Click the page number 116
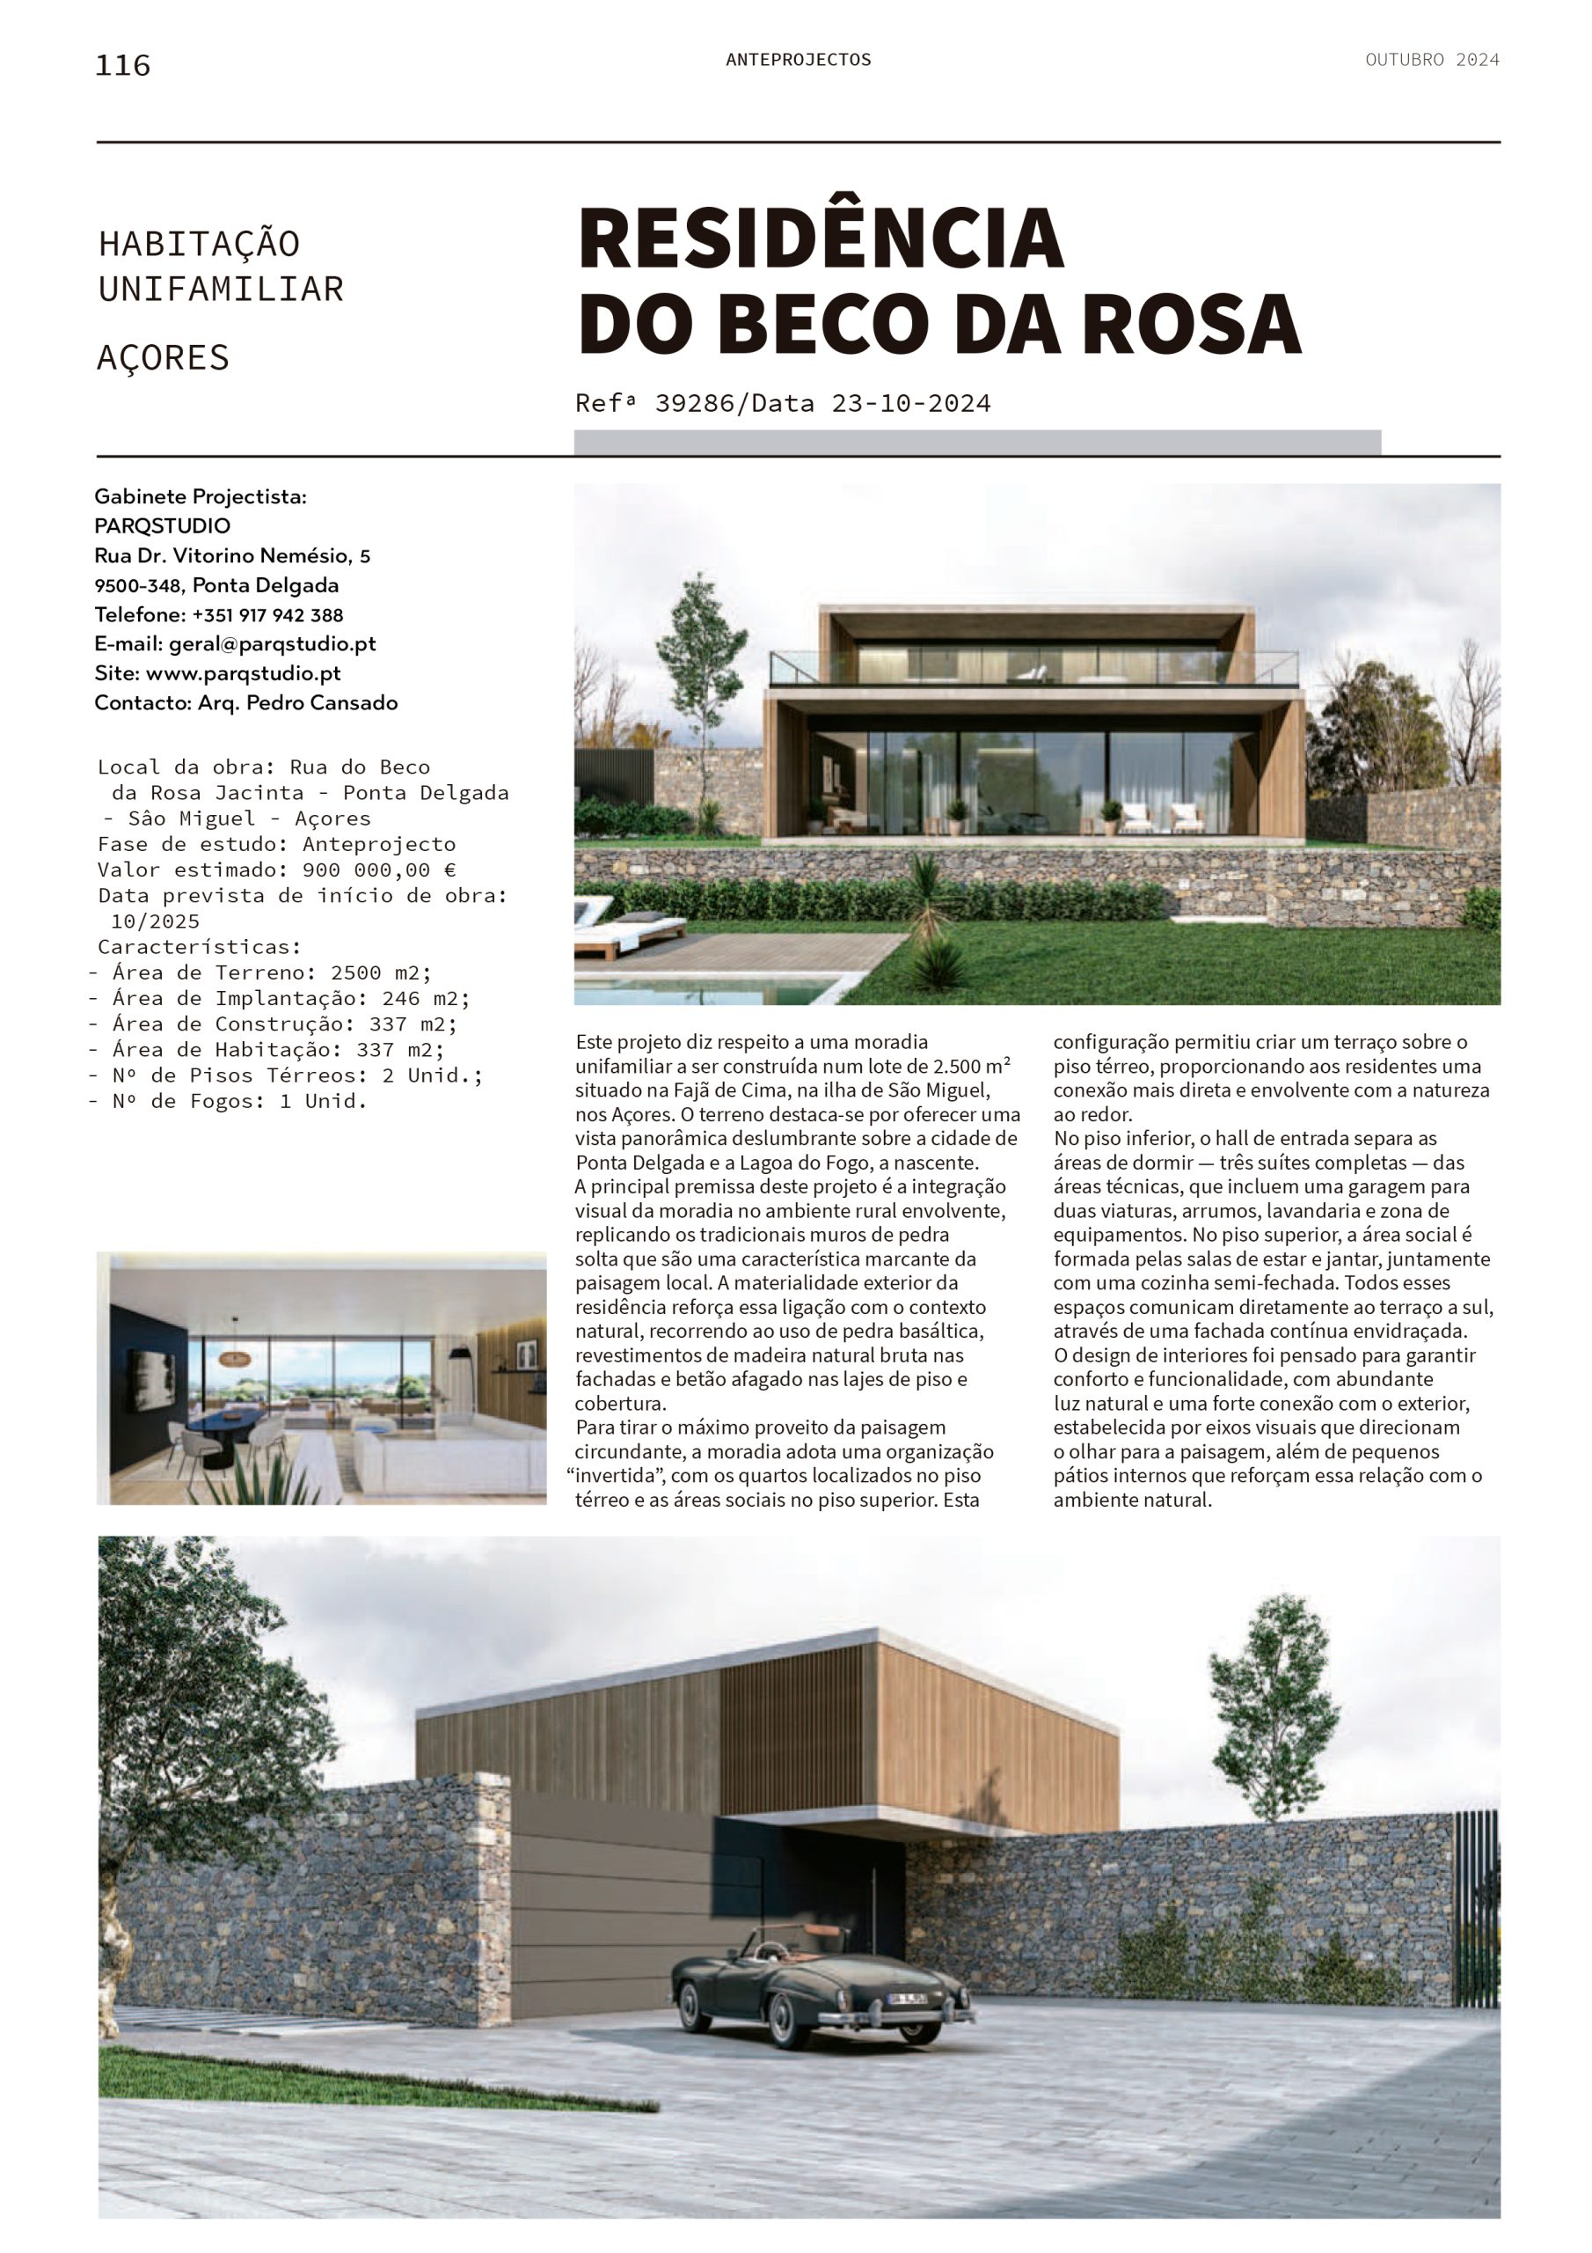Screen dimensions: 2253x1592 [122, 66]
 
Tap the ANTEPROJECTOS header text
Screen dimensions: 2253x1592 [798, 60]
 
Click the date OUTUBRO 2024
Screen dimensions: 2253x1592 [1431, 60]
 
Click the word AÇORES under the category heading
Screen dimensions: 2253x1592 [163, 358]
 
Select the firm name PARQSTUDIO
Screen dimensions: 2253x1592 [162, 526]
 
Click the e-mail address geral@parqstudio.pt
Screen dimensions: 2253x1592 [272, 643]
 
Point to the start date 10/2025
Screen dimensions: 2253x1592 [155, 921]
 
